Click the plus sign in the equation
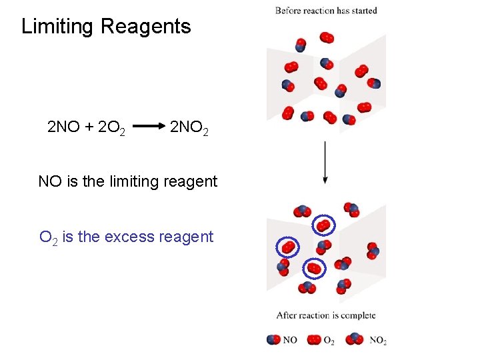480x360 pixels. [x=89, y=126]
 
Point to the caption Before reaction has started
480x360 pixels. [x=326, y=11]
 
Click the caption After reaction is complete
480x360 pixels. [x=326, y=315]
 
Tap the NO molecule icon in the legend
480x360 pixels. [x=273, y=340]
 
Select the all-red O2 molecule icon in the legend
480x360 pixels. [x=313, y=340]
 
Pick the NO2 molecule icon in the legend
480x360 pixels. [x=355, y=339]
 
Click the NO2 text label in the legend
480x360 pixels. [x=378, y=341]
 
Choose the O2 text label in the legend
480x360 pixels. [x=329, y=341]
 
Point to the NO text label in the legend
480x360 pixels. [x=290, y=340]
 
